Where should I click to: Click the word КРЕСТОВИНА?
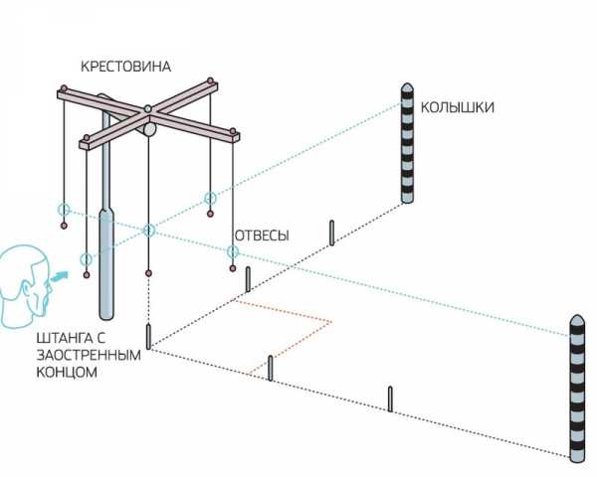click(x=126, y=67)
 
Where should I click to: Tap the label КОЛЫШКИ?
click(x=457, y=107)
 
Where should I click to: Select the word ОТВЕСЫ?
click(x=262, y=236)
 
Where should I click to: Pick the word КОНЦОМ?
click(x=66, y=373)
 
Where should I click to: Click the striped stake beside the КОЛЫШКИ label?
click(x=405, y=144)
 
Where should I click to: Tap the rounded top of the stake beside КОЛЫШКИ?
click(x=405, y=88)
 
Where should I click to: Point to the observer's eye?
click(x=43, y=277)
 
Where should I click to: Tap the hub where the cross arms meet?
click(x=147, y=108)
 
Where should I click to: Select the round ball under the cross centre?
click(x=149, y=127)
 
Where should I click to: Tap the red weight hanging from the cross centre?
click(x=148, y=272)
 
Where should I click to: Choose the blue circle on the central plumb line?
click(x=148, y=231)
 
